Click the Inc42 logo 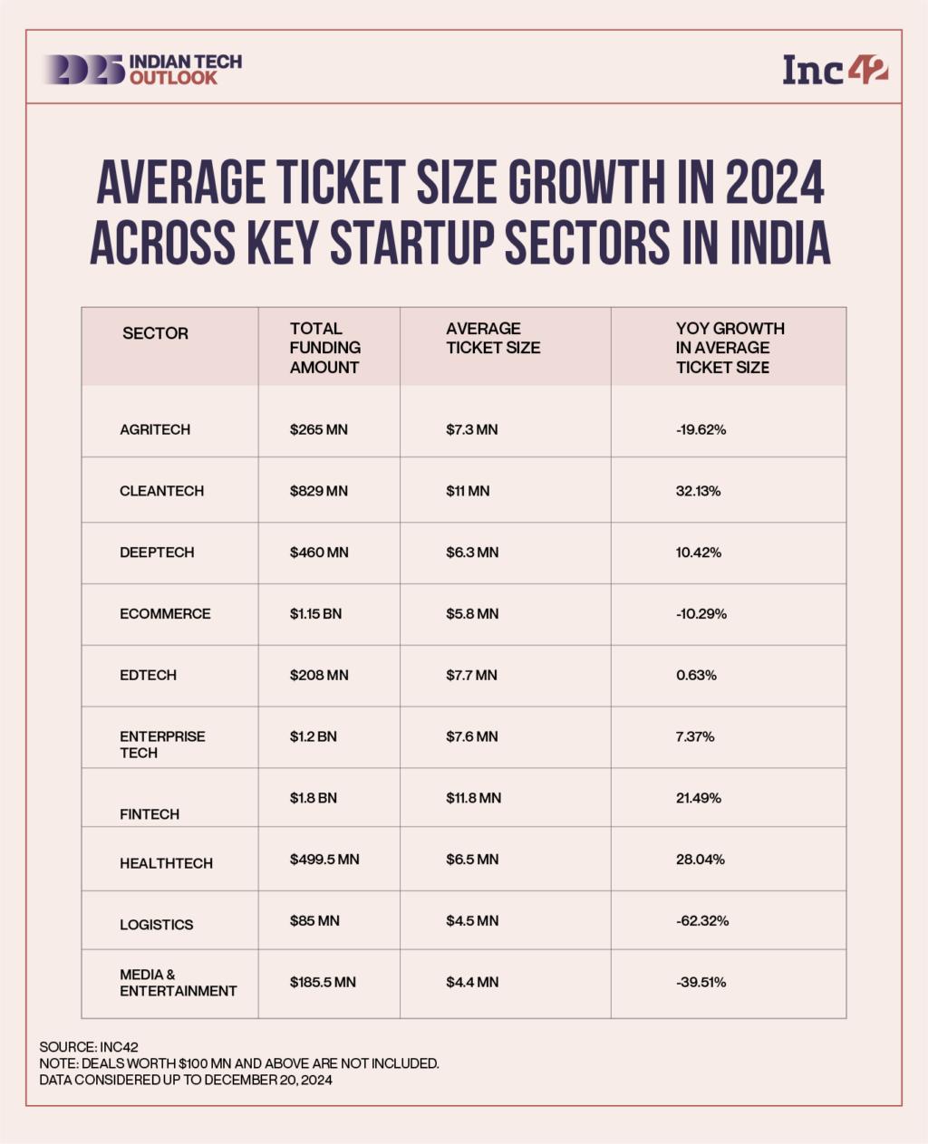tap(835, 70)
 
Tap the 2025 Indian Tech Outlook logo tap(141, 70)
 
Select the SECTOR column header tap(155, 333)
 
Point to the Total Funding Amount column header tap(324, 348)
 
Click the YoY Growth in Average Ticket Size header tap(730, 348)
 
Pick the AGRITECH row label tap(155, 429)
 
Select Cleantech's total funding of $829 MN tap(318, 491)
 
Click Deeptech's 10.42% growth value tap(698, 553)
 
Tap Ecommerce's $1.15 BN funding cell tap(315, 614)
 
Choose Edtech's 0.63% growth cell tap(696, 676)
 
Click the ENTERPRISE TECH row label tap(162, 745)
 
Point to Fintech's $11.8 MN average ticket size tap(473, 798)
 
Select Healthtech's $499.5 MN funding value tap(324, 860)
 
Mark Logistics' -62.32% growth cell tap(701, 921)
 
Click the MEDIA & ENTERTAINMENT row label tap(178, 983)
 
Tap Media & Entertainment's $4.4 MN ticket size tap(471, 983)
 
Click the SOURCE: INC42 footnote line tap(89, 1047)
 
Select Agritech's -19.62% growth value tap(701, 429)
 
